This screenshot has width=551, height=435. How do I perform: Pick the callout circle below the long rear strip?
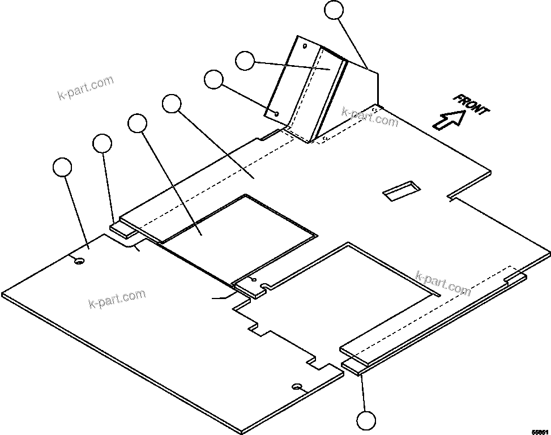366,421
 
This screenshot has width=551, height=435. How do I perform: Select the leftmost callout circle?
62,168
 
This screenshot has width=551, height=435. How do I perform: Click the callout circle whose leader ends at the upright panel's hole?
213,79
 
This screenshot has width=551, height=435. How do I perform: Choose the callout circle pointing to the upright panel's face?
245,61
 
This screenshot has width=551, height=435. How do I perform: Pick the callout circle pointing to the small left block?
102,143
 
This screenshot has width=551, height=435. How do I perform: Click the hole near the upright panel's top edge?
304,46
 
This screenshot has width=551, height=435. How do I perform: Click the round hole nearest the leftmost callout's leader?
79,261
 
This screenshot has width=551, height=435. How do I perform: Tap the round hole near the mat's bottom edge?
296,387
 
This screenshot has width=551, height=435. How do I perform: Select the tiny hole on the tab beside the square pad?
253,280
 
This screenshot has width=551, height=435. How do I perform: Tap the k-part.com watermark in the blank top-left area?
86,87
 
